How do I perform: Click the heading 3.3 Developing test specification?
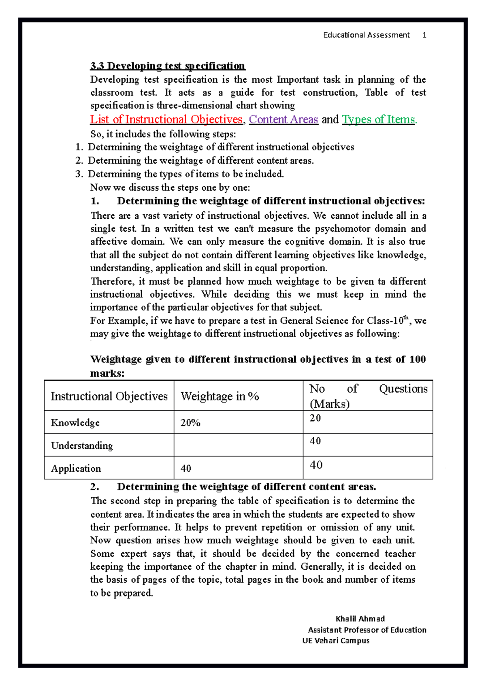click(x=168, y=66)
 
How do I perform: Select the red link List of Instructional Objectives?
click(x=166, y=119)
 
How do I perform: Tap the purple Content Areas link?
click(x=283, y=119)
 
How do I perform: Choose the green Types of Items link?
click(x=379, y=119)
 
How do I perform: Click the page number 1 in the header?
click(x=424, y=35)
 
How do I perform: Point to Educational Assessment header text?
click(x=366, y=35)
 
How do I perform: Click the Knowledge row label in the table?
click(x=75, y=423)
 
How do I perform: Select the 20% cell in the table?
click(x=190, y=423)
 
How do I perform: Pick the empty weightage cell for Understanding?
click(x=238, y=445)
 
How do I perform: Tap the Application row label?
click(x=76, y=469)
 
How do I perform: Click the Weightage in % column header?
click(x=220, y=396)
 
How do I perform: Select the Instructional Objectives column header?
click(x=109, y=396)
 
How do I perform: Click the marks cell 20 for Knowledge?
click(x=315, y=418)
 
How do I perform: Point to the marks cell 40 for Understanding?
click(x=315, y=441)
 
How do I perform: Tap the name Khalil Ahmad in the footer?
click(x=360, y=619)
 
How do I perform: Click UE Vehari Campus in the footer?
click(x=336, y=641)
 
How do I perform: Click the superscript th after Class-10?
click(x=406, y=318)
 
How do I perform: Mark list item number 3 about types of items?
click(x=186, y=174)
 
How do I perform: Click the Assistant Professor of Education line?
click(x=367, y=630)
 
